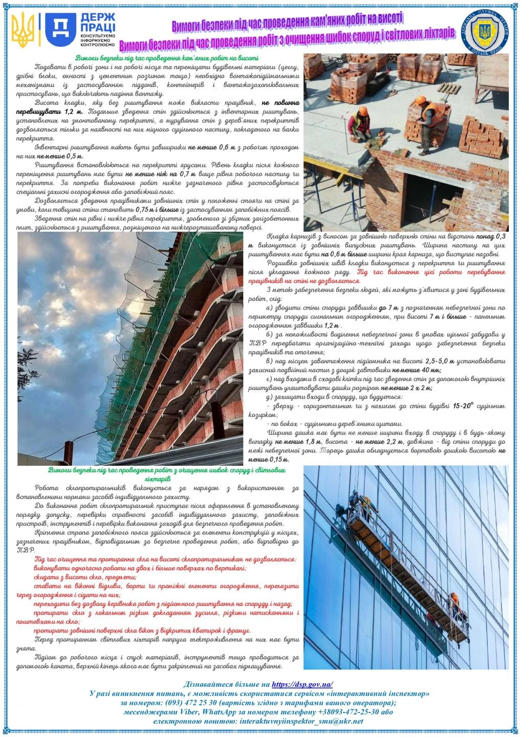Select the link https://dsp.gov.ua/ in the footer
coord(302,684)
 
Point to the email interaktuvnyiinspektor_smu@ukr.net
coord(301,721)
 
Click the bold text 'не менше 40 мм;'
coord(417,370)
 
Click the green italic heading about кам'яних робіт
coord(167,58)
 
